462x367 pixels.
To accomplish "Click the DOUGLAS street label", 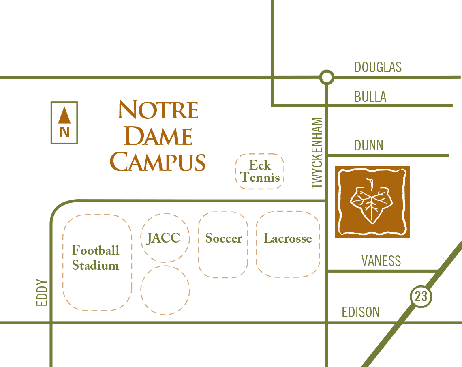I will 378,67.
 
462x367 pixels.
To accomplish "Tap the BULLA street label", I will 370,97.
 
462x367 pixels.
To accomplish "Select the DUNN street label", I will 369,145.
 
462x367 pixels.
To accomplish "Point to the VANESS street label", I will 381,261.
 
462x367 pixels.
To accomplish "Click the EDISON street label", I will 361,312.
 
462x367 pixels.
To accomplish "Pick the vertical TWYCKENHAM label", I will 317,153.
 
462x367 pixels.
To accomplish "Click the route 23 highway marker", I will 421,296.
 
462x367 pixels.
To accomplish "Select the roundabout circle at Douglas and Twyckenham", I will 326,77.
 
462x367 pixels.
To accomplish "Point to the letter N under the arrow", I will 64,132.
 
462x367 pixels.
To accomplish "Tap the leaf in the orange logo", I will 370,201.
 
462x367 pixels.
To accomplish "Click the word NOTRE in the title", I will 158,109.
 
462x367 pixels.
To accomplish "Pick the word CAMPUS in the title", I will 158,162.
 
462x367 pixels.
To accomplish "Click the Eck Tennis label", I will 260,171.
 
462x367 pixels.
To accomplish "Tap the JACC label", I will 163,238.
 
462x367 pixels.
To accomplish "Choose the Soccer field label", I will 223,238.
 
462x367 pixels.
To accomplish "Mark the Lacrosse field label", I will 288,238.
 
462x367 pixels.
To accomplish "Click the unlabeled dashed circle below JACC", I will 165,290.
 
